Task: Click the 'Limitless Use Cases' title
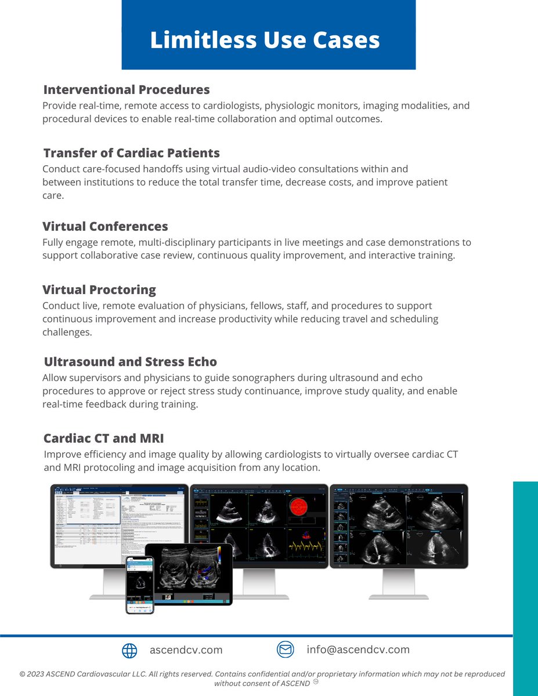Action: (x=265, y=40)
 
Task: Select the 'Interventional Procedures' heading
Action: (x=127, y=90)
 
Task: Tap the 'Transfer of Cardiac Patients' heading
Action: (x=132, y=153)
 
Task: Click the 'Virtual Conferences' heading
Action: (x=105, y=226)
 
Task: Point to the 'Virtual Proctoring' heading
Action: (x=99, y=289)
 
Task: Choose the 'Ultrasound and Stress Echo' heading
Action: (x=131, y=362)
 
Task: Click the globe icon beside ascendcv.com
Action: (x=129, y=651)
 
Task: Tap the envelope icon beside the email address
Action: (x=286, y=650)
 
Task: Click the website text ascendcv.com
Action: (x=186, y=650)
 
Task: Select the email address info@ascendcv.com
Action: (x=358, y=650)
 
